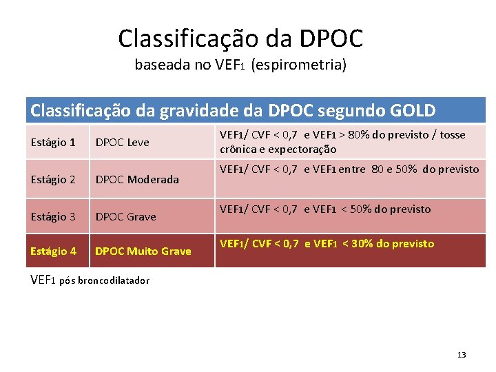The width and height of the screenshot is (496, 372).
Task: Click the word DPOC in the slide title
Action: (333, 38)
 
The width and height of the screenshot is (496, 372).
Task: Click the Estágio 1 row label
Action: (53, 143)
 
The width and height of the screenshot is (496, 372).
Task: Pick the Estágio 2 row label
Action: (53, 180)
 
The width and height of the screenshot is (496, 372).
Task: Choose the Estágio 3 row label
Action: (53, 217)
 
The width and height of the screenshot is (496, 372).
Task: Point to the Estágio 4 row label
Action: (53, 251)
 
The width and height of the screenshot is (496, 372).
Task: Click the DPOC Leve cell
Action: (122, 143)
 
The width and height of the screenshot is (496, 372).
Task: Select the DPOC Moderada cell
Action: (136, 180)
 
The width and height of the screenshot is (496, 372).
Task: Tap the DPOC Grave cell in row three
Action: (125, 217)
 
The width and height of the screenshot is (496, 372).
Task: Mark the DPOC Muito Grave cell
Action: (143, 251)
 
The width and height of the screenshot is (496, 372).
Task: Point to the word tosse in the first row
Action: (452, 135)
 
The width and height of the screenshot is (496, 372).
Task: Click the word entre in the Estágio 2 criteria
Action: (353, 169)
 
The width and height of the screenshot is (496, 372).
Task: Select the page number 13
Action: (462, 355)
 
